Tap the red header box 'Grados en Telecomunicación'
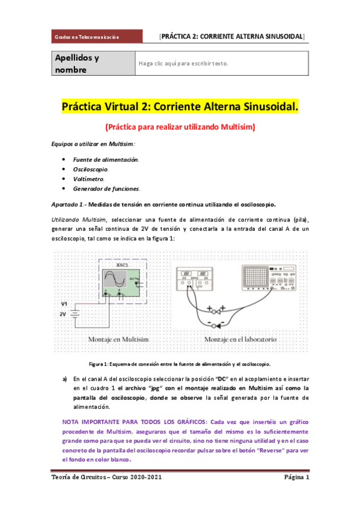point(87,37)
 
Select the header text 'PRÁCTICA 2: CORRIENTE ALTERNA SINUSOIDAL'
point(232,37)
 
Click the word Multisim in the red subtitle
point(234,127)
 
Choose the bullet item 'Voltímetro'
point(87,179)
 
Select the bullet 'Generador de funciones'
point(106,188)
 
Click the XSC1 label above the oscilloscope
point(123,265)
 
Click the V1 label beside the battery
point(64,304)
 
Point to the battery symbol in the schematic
point(75,314)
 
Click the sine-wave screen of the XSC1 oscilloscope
point(115,280)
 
